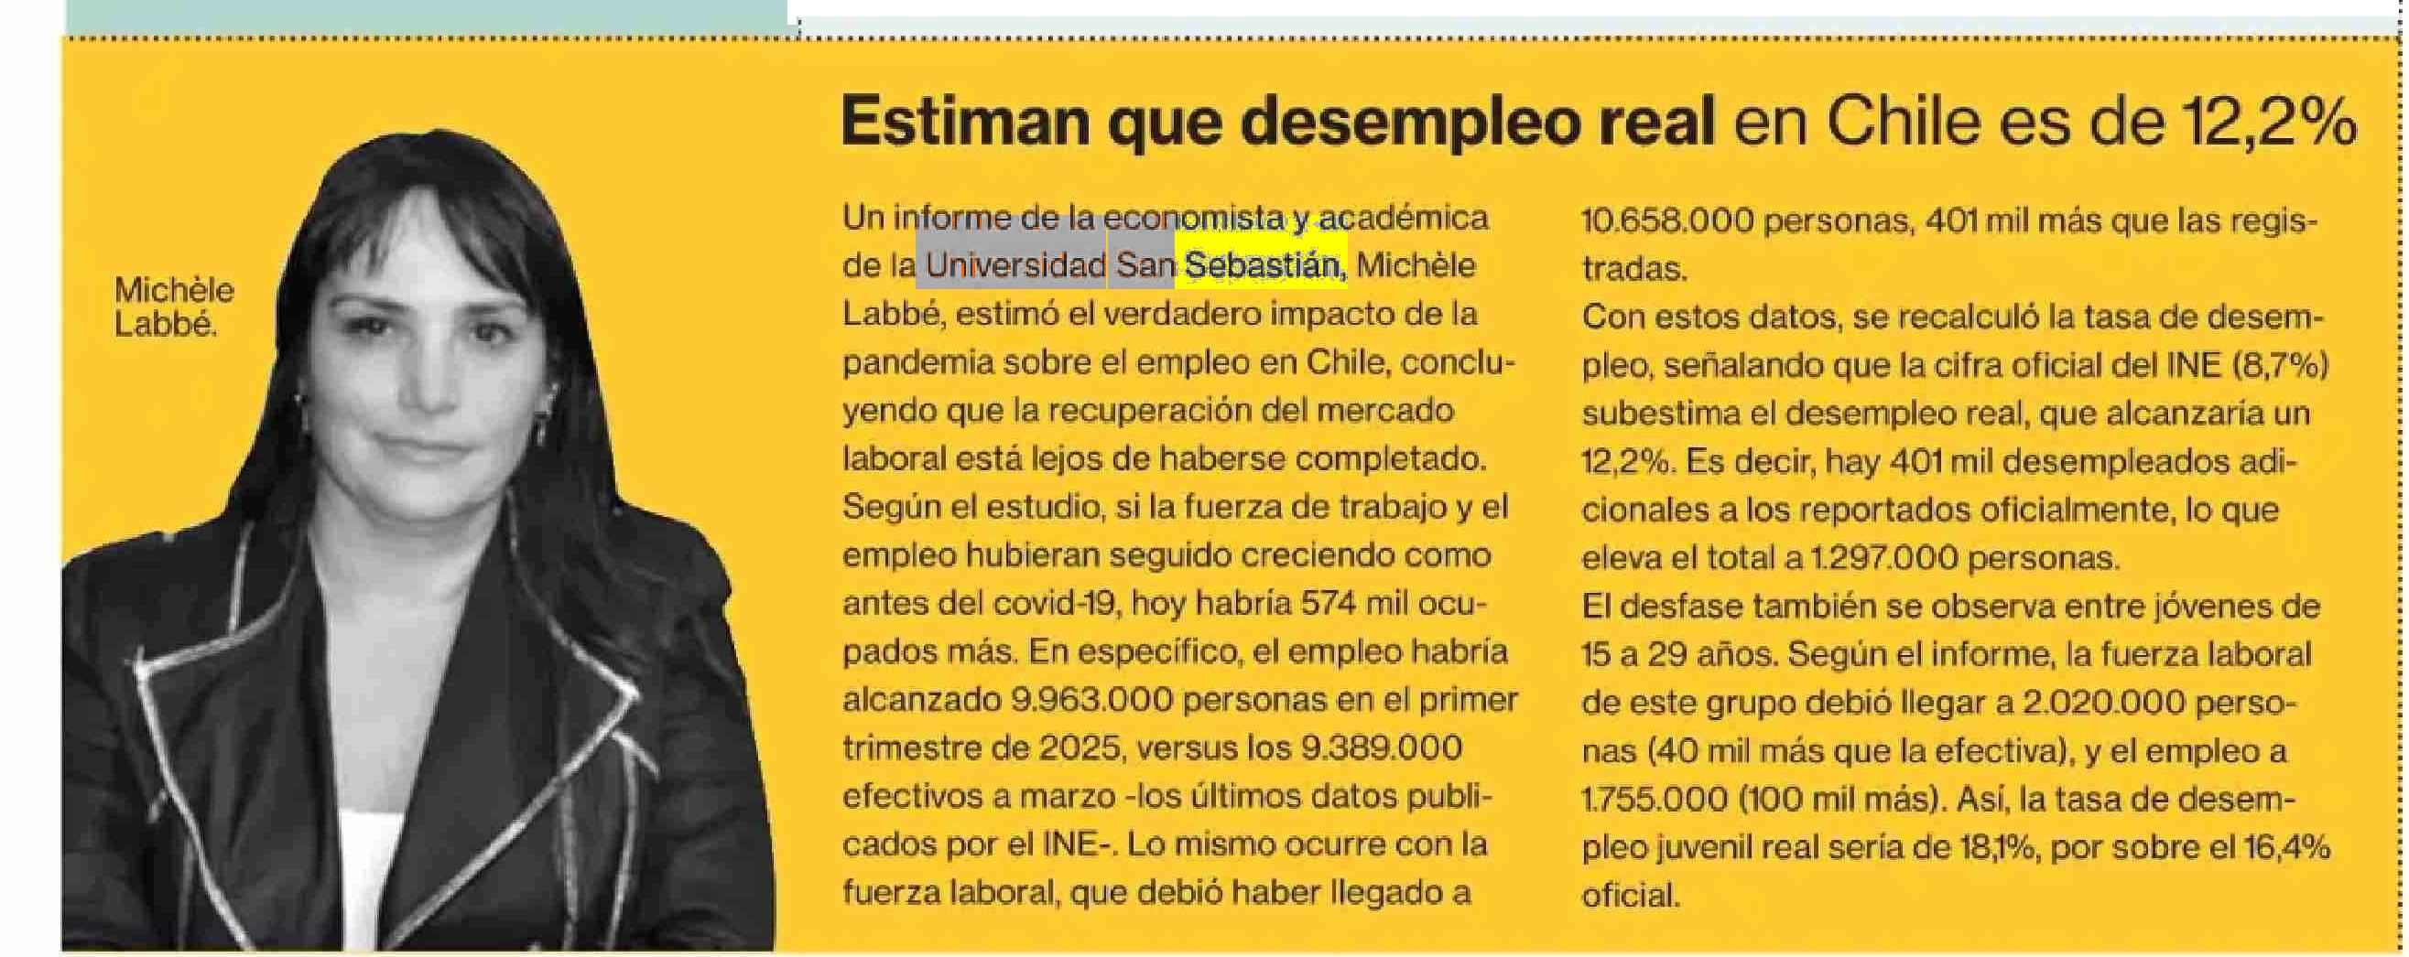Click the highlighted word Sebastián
point(1263,266)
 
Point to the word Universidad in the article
point(1015,266)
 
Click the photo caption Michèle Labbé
point(173,306)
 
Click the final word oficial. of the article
point(1630,897)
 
